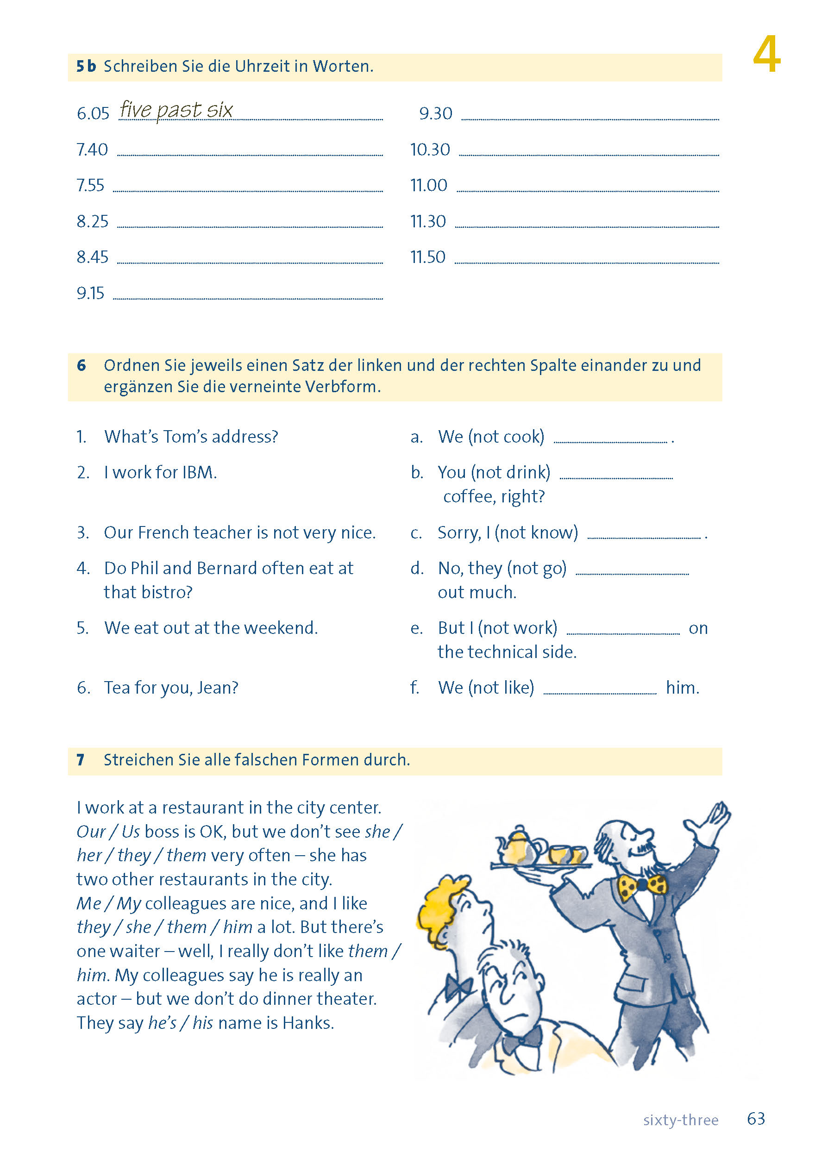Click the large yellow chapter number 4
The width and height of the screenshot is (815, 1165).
(766, 55)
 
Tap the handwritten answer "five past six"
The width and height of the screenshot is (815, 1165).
(176, 110)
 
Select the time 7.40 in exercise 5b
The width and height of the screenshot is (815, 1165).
(92, 150)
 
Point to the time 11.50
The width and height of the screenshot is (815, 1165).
(427, 257)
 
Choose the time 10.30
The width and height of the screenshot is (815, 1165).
(430, 150)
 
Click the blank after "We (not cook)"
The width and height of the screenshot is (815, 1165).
(610, 441)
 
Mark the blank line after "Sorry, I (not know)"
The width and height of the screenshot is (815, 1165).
(644, 537)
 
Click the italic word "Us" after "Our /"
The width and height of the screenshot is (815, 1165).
(131, 832)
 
